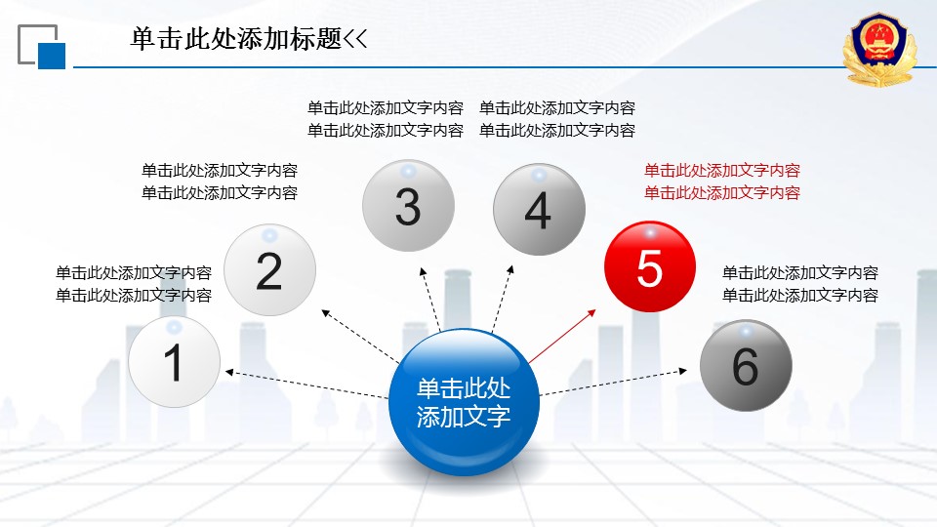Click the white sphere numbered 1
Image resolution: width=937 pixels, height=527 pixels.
174,362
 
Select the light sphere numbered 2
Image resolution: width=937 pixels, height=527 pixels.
269,270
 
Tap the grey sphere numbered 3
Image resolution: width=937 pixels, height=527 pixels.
408,206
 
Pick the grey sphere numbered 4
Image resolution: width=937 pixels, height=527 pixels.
539,209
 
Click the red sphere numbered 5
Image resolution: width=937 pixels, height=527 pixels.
650,266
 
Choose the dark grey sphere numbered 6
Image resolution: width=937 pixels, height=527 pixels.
746,365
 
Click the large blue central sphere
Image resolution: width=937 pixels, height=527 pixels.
464,402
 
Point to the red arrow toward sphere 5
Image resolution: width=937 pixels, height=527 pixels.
562,336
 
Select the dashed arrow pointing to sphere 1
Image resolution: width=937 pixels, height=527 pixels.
306,385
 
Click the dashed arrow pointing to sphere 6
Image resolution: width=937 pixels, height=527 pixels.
613,383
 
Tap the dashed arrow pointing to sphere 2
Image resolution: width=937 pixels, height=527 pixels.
360,337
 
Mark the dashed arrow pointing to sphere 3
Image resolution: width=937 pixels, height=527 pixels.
430,300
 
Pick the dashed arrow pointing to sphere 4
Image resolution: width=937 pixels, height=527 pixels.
503,299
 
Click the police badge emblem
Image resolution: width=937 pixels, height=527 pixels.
879,50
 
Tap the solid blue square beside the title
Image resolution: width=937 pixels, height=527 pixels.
52,56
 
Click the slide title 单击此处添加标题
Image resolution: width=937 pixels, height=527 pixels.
236,39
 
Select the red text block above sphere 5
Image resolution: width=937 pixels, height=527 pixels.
722,182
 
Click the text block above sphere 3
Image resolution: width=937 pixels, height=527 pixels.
386,119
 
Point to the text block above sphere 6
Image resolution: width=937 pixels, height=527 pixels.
800,284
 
